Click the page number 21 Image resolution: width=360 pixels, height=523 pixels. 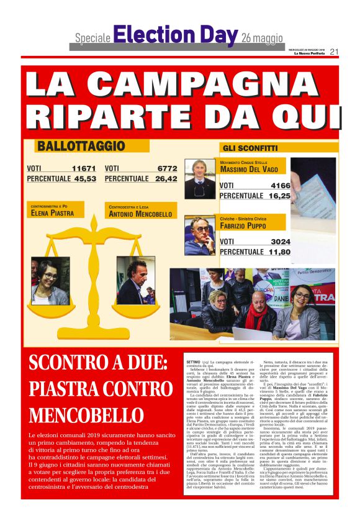click(334, 52)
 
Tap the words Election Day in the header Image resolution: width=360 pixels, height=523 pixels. click(176, 35)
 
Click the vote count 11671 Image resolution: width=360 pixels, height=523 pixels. click(84, 168)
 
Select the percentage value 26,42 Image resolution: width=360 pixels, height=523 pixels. click(166, 179)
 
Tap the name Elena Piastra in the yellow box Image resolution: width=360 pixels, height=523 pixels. click(53, 213)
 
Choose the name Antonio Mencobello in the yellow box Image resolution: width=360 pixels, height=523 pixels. click(140, 214)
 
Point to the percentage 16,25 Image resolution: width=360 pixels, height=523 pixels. click(279, 196)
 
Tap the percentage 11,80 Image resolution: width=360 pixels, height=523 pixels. click(279, 252)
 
